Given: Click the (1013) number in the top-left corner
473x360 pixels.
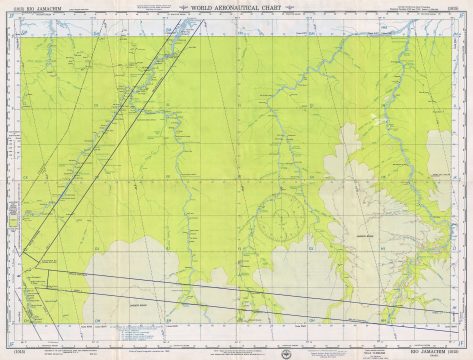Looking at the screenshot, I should [x=8, y=9].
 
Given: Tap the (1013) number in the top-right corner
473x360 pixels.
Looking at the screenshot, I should [x=464, y=9].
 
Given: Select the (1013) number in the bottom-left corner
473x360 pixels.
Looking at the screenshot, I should [x=8, y=352].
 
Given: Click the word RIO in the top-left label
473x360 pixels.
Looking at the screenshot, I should [x=23, y=9].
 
